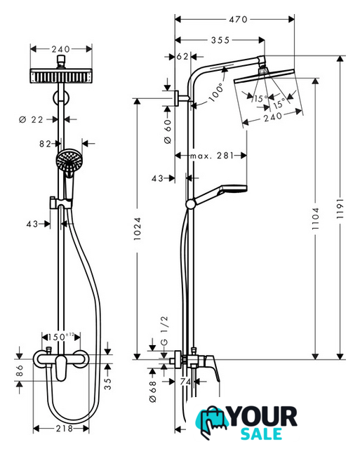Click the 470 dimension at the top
[238, 20]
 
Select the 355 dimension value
[220, 40]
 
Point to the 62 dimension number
[182, 56]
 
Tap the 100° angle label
[216, 92]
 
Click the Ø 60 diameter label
[168, 131]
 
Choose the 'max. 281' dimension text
[212, 156]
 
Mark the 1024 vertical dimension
[138, 229]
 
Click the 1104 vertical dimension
[315, 218]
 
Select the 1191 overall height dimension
[340, 208]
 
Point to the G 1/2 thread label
[164, 330]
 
